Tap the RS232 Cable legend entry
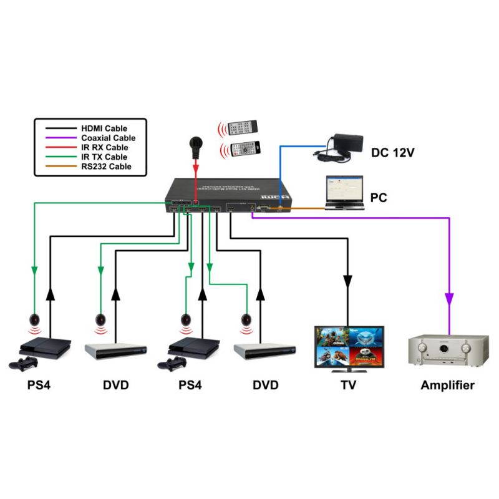pyautogui.click(x=104, y=167)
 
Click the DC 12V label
pyautogui.click(x=395, y=152)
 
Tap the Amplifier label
pyautogui.click(x=447, y=385)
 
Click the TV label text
pyautogui.click(x=349, y=385)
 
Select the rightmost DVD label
pyautogui.click(x=266, y=385)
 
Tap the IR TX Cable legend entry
pyautogui.click(x=104, y=157)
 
